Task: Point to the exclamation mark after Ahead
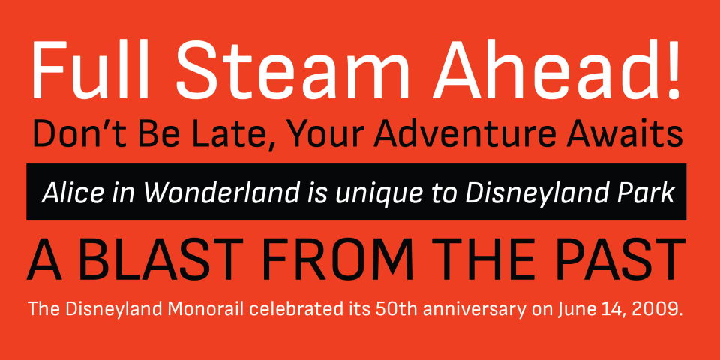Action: (x=673, y=69)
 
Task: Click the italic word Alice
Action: (x=73, y=193)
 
